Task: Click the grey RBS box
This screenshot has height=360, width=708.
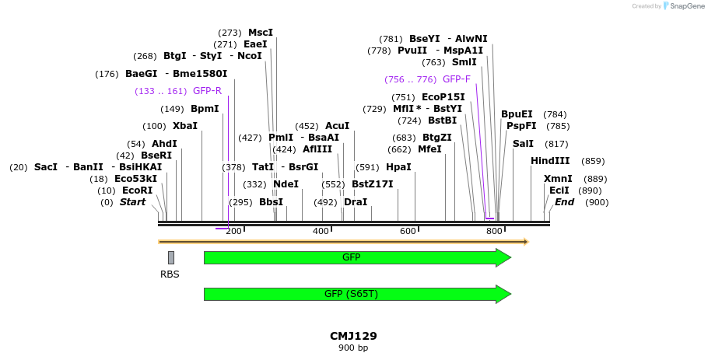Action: (x=171, y=257)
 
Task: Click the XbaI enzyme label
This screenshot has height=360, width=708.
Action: (x=184, y=126)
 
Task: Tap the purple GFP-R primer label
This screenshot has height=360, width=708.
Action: (x=207, y=91)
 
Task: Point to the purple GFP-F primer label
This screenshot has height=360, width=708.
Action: (x=456, y=79)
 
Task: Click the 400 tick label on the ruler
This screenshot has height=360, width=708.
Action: (x=321, y=231)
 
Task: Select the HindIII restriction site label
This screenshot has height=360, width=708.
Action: (x=550, y=161)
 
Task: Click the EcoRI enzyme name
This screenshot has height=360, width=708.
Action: (x=137, y=190)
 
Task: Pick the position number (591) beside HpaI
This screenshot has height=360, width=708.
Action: (x=367, y=167)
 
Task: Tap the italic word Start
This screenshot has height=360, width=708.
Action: (x=132, y=202)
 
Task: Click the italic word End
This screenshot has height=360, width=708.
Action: (x=564, y=202)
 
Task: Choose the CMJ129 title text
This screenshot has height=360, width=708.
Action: (x=353, y=336)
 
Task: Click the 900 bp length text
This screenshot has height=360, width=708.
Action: (x=353, y=348)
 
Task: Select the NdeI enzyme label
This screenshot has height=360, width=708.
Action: (x=286, y=184)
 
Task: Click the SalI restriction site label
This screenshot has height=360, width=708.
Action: (x=524, y=144)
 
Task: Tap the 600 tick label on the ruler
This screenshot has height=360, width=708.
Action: (x=408, y=231)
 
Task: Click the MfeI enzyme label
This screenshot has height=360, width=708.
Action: (x=429, y=149)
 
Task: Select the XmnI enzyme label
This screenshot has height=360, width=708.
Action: (x=558, y=179)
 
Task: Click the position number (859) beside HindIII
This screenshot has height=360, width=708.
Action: (x=593, y=161)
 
